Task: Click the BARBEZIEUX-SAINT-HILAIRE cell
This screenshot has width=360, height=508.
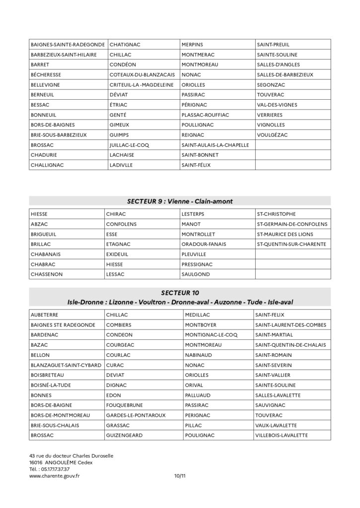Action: (x=63, y=55)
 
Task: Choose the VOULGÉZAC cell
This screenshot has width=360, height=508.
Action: (x=273, y=134)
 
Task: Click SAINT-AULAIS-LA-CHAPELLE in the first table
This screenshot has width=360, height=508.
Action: (x=215, y=145)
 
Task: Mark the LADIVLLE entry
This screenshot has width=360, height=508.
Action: (x=121, y=165)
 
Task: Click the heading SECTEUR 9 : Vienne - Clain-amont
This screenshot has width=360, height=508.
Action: (x=180, y=201)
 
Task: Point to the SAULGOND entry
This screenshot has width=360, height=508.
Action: (x=196, y=274)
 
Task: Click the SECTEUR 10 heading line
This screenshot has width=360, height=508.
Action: (x=180, y=293)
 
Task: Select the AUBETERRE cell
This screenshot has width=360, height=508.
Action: (x=44, y=315)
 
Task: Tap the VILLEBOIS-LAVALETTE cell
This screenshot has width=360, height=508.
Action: (x=281, y=436)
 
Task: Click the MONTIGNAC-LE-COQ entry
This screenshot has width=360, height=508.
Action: (x=211, y=334)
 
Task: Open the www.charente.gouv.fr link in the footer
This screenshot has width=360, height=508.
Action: (x=55, y=476)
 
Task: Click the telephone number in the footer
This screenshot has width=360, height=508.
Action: (x=55, y=469)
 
